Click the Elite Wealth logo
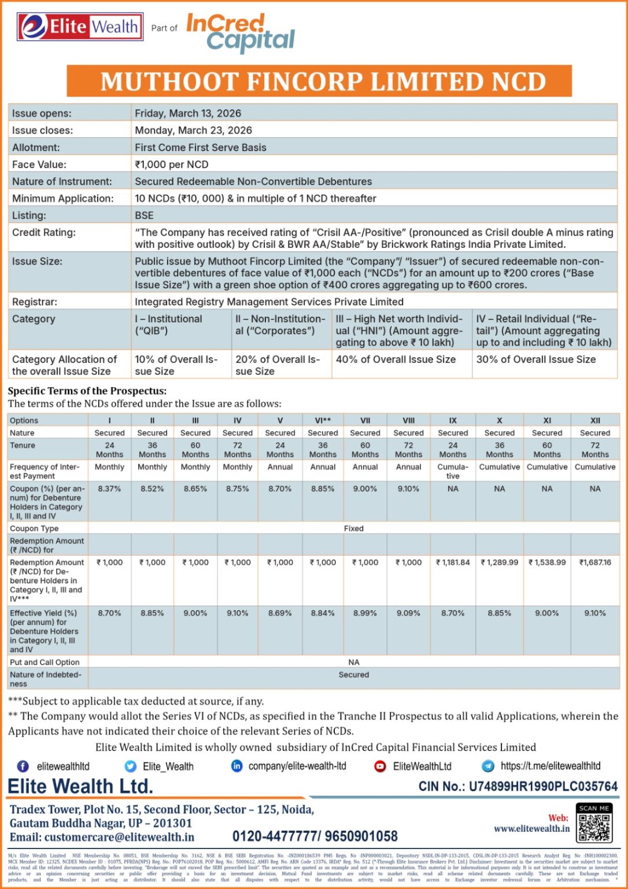tap(80, 27)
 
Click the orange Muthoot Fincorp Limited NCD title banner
tap(319, 81)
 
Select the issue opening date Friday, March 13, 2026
tap(188, 113)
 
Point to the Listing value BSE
tap(144, 215)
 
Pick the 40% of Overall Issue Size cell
tap(396, 359)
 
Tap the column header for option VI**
tap(323, 421)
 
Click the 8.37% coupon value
tap(109, 489)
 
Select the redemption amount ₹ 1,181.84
tap(453, 563)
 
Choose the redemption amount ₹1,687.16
tap(595, 563)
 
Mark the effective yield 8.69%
tap(280, 614)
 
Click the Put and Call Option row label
tap(45, 662)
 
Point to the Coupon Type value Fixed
tap(353, 528)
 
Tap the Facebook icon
tap(23, 766)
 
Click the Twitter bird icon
tap(131, 766)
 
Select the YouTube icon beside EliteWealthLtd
tap(380, 766)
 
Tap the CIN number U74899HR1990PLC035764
tap(543, 787)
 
